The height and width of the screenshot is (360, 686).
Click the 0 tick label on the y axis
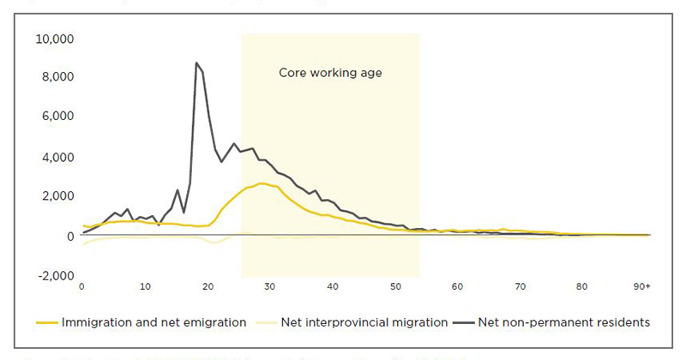pyautogui.click(x=69, y=236)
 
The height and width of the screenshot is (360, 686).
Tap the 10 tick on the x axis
pyautogui.click(x=144, y=286)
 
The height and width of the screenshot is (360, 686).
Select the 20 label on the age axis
pyautogui.click(x=207, y=286)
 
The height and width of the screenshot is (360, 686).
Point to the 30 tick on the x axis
pyautogui.click(x=269, y=286)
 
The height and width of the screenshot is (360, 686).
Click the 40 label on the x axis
pyautogui.click(x=332, y=286)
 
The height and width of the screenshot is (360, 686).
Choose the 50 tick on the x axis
pyautogui.click(x=394, y=286)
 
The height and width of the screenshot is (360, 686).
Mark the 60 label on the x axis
pyautogui.click(x=457, y=286)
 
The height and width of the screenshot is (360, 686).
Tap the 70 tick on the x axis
pyautogui.click(x=520, y=286)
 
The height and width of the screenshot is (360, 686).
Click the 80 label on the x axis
pyautogui.click(x=582, y=286)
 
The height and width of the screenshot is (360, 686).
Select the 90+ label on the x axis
pyautogui.click(x=640, y=286)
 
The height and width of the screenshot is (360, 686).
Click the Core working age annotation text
pyautogui.click(x=330, y=73)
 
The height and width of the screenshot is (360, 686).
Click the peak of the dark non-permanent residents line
pyautogui.click(x=196, y=63)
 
